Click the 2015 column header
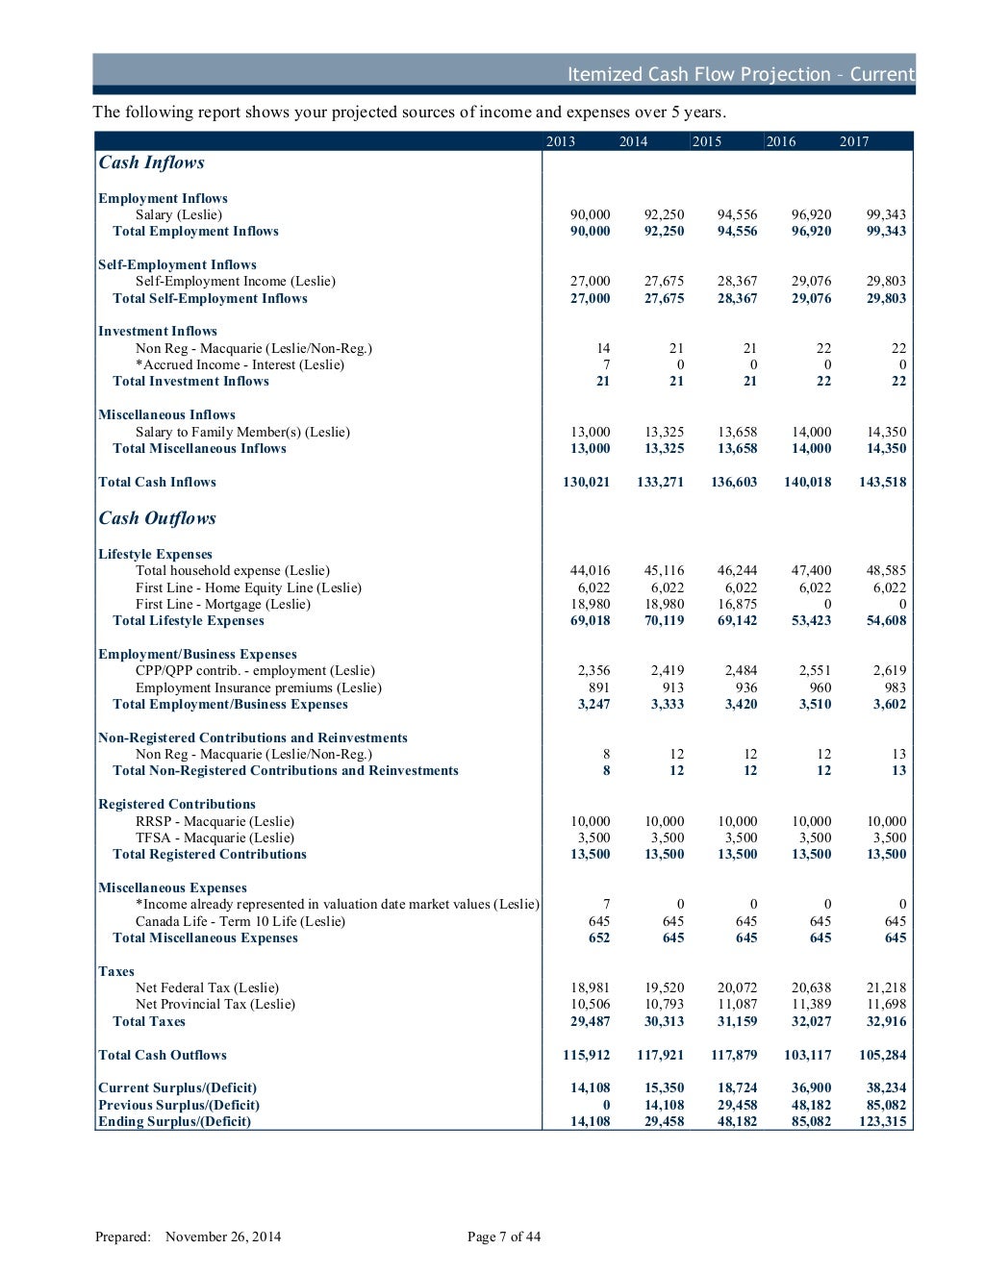point(707,141)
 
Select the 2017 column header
point(854,141)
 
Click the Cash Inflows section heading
point(151,162)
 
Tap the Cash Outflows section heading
point(157,518)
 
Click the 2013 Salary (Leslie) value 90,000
point(590,214)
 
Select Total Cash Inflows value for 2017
point(882,482)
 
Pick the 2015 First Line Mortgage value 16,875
point(737,604)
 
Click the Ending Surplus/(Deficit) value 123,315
point(882,1121)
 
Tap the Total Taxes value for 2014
point(664,1021)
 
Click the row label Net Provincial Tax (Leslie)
point(215,1004)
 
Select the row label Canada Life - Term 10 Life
point(240,921)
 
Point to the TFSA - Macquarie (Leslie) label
point(215,837)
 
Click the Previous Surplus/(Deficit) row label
point(179,1105)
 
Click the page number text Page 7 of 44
point(504,1237)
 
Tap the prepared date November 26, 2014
point(223,1237)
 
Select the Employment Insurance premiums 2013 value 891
point(598,687)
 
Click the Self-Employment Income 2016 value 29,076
point(811,281)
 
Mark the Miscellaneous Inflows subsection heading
point(166,414)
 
